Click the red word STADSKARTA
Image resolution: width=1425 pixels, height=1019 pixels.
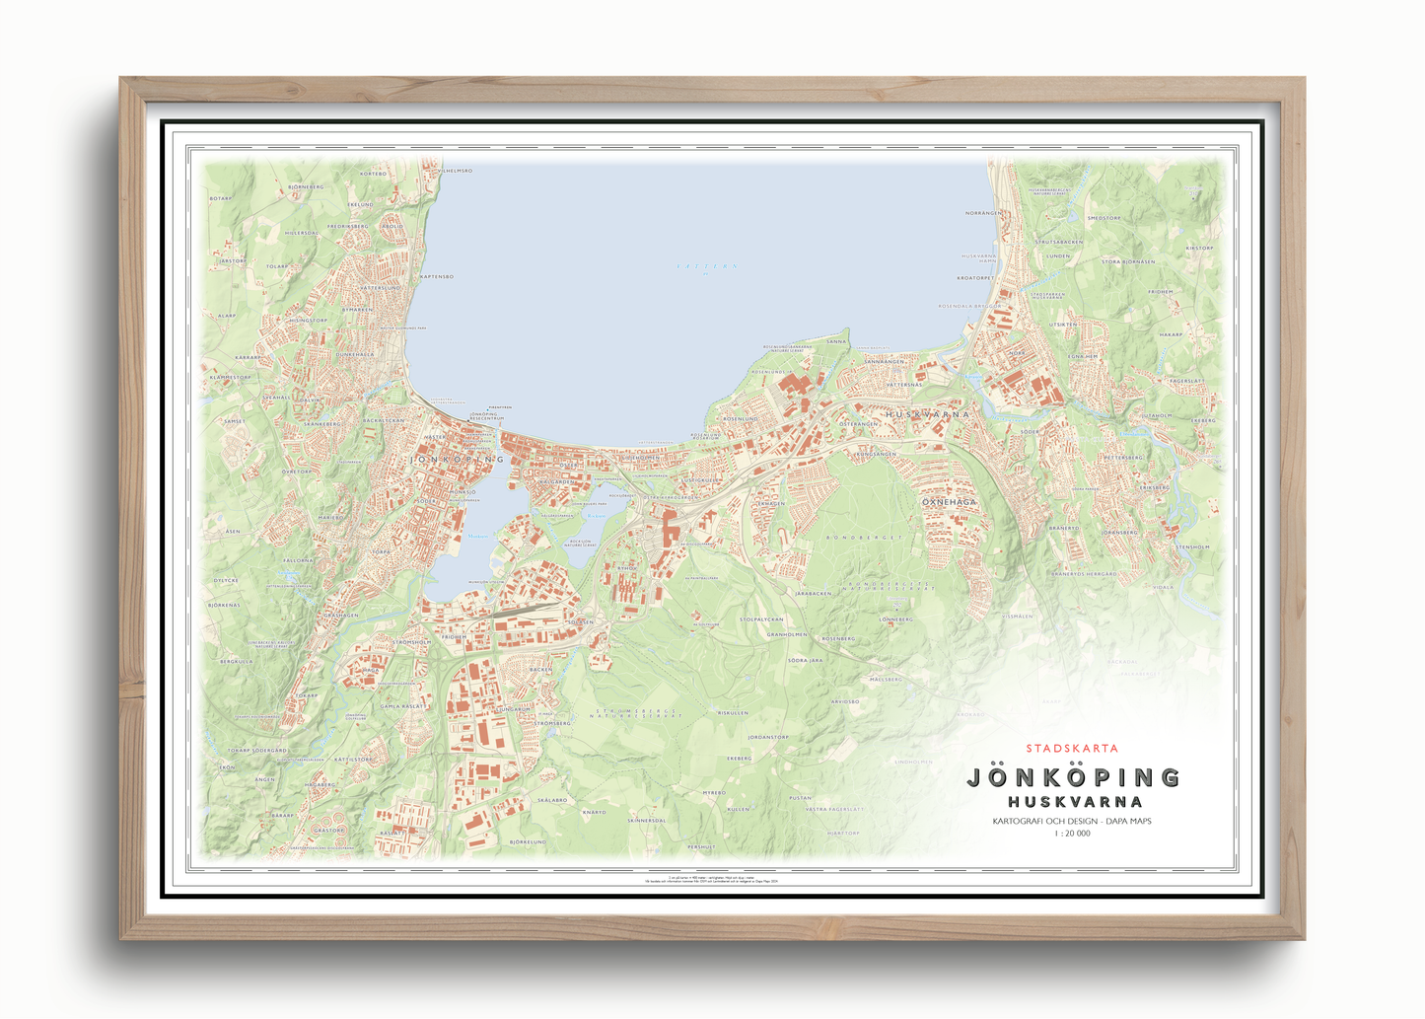(x=1072, y=749)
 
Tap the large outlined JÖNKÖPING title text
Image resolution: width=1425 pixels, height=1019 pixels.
(x=1074, y=777)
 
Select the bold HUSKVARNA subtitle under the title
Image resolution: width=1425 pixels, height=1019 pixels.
(x=1075, y=802)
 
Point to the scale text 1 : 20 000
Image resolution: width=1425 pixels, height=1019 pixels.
(x=1072, y=834)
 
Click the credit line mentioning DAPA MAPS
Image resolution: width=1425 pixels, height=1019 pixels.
(x=1072, y=821)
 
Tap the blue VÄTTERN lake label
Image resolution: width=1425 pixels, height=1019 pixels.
(x=707, y=266)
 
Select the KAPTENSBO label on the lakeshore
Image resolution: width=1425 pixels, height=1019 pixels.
(x=436, y=277)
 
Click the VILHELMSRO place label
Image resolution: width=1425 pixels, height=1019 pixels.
(x=455, y=171)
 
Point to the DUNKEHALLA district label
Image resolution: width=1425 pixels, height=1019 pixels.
(x=355, y=354)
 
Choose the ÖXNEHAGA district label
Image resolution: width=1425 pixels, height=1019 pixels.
(x=949, y=502)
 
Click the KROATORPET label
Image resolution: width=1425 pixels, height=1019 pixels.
(x=976, y=278)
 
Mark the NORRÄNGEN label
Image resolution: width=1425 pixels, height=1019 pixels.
(x=982, y=213)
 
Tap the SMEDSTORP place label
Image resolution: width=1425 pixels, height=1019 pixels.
(x=1104, y=218)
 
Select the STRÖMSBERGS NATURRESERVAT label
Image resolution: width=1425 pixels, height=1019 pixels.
(x=636, y=713)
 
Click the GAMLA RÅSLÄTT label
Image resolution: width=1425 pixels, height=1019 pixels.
(x=403, y=706)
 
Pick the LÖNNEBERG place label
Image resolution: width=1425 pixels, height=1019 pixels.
(x=896, y=619)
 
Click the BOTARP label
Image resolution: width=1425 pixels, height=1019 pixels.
(x=220, y=198)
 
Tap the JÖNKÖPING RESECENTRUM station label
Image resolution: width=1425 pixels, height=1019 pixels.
(x=486, y=416)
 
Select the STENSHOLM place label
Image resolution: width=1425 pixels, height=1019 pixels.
(x=1192, y=546)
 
